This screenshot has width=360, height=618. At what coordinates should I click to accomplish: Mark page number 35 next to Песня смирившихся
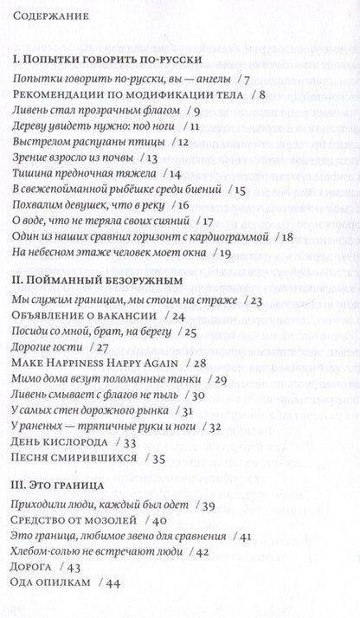tap(158, 458)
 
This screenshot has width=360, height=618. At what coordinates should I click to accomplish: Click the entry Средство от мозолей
tap(77, 520)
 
